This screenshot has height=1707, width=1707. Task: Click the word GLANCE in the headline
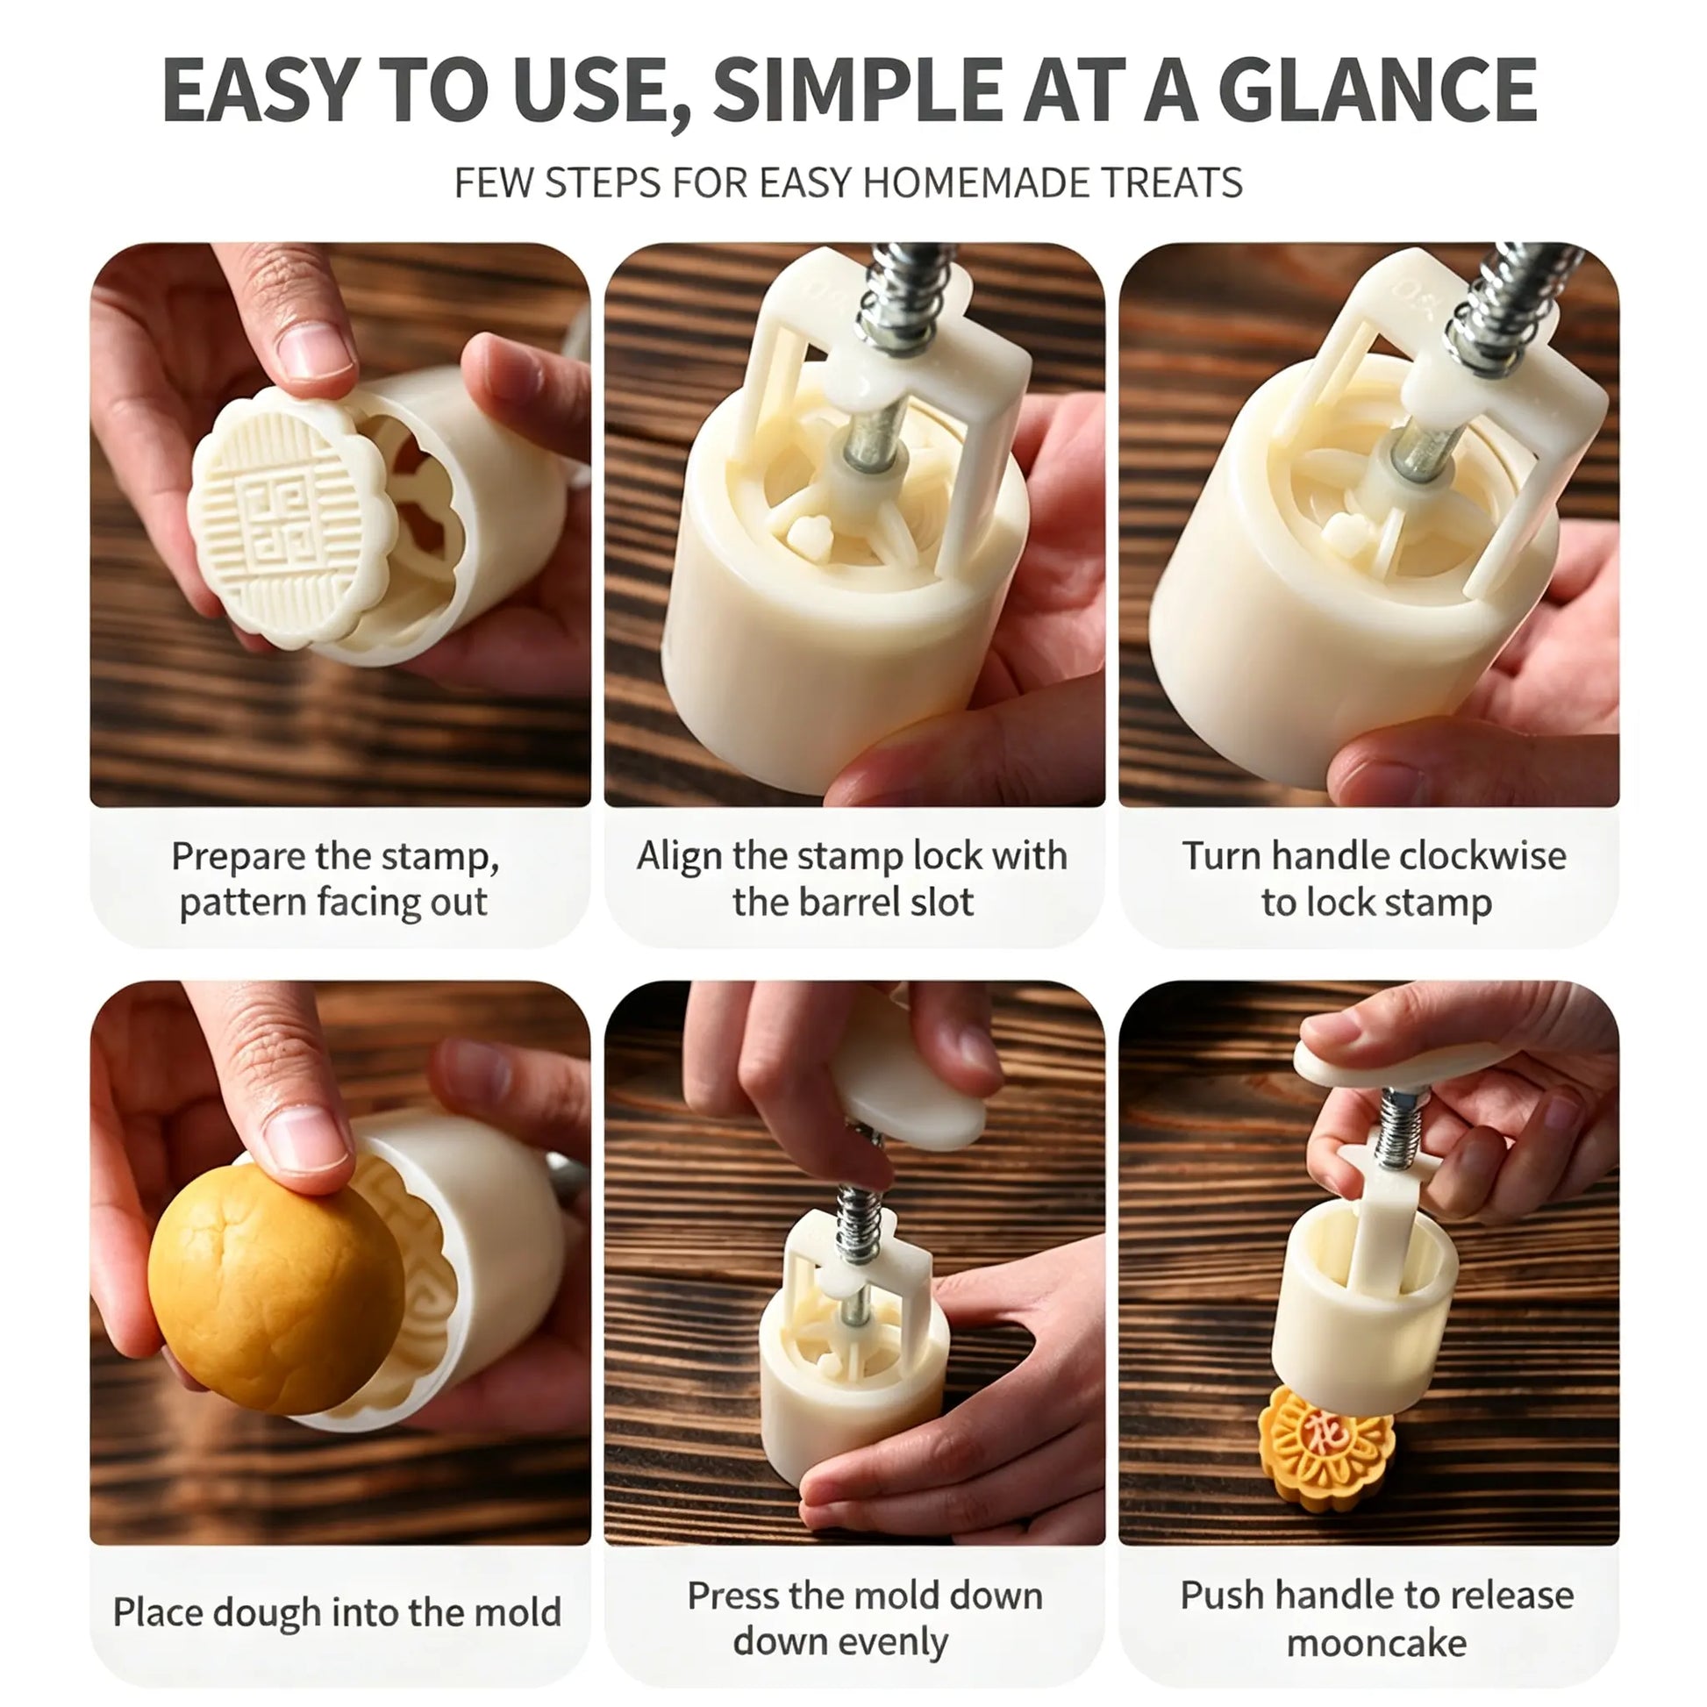coord(1377,90)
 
